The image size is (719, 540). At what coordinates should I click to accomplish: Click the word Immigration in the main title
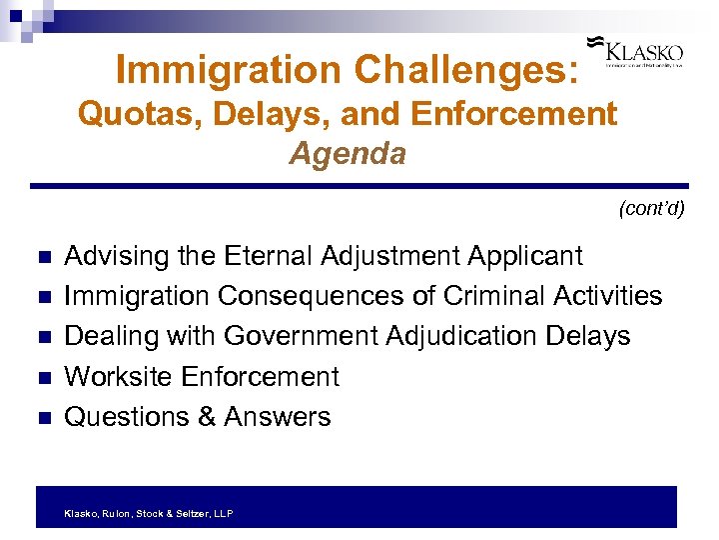226,69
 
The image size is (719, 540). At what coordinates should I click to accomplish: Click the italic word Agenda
348,154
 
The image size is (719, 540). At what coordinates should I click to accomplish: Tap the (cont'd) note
651,209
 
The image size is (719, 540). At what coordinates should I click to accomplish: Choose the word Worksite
118,376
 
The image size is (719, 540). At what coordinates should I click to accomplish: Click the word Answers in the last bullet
277,416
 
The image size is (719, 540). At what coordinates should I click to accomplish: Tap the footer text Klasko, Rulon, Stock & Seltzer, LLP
148,513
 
